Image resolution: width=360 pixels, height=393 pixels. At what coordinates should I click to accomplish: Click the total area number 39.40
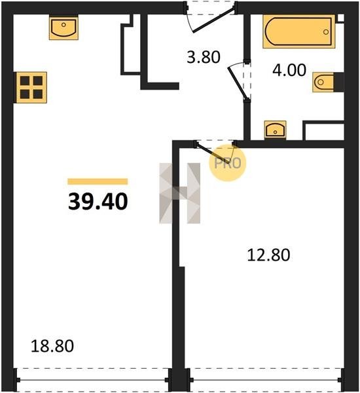(98, 202)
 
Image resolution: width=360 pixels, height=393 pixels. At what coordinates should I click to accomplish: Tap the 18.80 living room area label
(52, 346)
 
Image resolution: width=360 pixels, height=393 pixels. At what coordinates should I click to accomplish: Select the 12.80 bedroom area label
(268, 255)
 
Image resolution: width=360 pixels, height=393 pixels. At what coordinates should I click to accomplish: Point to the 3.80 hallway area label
(204, 57)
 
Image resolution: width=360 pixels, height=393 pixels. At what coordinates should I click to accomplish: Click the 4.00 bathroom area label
(289, 70)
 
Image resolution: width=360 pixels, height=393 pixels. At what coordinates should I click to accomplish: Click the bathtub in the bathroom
(299, 31)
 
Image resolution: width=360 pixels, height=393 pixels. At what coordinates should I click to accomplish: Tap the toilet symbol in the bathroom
(323, 83)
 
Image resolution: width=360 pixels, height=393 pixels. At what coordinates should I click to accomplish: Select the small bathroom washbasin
(275, 130)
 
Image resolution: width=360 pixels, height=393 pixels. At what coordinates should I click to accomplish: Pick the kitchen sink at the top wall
(63, 28)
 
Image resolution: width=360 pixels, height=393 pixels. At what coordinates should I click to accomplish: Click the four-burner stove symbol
(31, 88)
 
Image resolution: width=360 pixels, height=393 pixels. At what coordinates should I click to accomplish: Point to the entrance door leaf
(213, 20)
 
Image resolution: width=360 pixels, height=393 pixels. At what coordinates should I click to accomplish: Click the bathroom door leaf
(238, 83)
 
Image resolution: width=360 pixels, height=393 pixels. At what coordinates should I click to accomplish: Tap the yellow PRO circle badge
(228, 163)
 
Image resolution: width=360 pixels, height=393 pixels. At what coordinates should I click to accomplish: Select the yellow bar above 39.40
(98, 181)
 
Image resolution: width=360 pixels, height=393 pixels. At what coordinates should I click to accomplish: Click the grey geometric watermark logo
(180, 193)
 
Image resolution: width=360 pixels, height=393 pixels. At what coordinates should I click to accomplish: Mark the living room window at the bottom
(92, 380)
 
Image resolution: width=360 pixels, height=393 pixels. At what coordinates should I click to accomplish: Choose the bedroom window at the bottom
(265, 380)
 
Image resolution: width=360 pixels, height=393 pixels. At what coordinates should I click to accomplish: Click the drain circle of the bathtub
(326, 32)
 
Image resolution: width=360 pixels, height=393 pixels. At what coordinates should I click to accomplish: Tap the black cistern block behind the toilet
(338, 83)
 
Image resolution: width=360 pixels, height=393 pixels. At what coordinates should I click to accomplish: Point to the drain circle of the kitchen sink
(63, 25)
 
